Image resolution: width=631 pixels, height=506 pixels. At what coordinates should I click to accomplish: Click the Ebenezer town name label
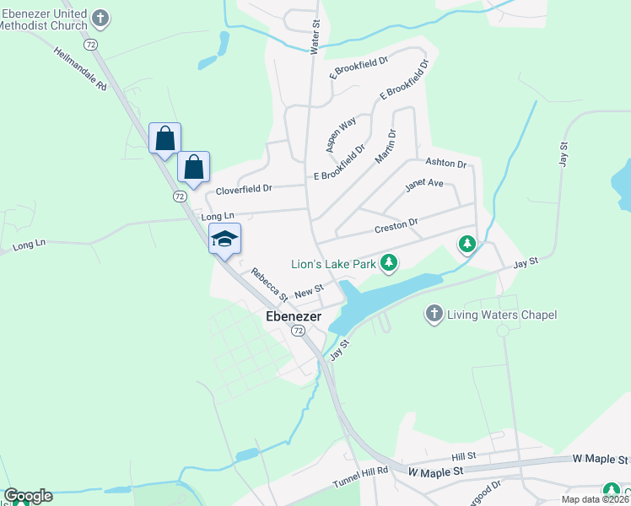pyautogui.click(x=293, y=317)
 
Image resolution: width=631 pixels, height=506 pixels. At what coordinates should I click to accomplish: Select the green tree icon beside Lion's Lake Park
pyautogui.click(x=388, y=264)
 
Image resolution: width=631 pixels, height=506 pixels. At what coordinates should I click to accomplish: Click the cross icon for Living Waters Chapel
pyautogui.click(x=434, y=315)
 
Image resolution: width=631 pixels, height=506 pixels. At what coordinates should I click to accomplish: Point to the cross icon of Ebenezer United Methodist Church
pyautogui.click(x=100, y=18)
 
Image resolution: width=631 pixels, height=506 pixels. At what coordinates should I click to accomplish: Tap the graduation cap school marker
pyautogui.click(x=225, y=239)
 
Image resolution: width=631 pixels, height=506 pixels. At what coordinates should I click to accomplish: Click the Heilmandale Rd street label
pyautogui.click(x=80, y=69)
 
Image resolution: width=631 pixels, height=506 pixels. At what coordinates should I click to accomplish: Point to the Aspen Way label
pyautogui.click(x=342, y=134)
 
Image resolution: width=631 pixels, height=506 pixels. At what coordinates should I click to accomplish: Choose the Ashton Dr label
pyautogui.click(x=445, y=163)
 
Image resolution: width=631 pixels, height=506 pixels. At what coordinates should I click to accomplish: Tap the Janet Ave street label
pyautogui.click(x=423, y=183)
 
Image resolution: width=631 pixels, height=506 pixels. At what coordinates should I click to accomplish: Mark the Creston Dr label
pyautogui.click(x=396, y=226)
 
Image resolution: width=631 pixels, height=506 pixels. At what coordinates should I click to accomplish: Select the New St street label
pyautogui.click(x=310, y=291)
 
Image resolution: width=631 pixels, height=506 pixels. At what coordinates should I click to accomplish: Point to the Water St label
pyautogui.click(x=315, y=39)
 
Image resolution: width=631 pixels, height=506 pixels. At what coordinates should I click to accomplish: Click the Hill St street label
pyautogui.click(x=464, y=455)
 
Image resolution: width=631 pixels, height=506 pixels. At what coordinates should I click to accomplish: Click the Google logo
pyautogui.click(x=28, y=496)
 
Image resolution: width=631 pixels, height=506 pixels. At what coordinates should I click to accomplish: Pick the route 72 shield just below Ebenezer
pyautogui.click(x=299, y=331)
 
